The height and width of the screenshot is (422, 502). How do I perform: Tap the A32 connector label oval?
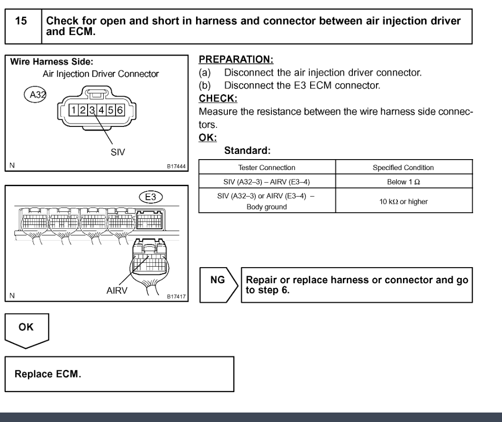pyautogui.click(x=34, y=95)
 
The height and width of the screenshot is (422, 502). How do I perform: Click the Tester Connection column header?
pyautogui.click(x=267, y=167)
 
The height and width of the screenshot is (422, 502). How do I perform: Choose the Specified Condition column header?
pyautogui.click(x=404, y=167)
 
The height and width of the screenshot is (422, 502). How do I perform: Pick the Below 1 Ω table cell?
pyautogui.click(x=404, y=181)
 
